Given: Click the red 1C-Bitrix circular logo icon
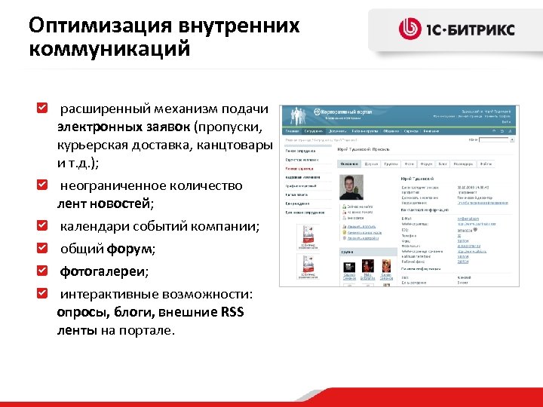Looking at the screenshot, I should [x=411, y=29].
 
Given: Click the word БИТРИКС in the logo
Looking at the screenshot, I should [x=482, y=30].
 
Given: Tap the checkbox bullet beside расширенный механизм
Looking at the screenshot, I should [x=42, y=111].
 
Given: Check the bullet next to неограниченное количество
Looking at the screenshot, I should [x=42, y=185].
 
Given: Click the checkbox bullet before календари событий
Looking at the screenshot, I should [x=42, y=226].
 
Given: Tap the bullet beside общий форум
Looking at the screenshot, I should [x=42, y=248].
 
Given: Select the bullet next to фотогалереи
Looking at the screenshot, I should [x=42, y=270].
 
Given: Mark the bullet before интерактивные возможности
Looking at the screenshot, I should [x=42, y=292].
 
